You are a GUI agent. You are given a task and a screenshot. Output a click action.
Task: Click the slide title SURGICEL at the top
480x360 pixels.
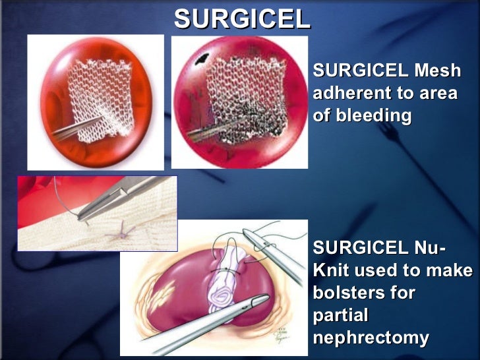(x=242, y=19)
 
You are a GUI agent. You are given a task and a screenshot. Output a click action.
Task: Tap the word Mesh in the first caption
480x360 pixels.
(x=437, y=71)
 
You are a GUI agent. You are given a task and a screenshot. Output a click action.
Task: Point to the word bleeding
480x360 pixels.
(x=374, y=116)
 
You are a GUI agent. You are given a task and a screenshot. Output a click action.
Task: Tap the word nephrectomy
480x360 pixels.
(x=370, y=338)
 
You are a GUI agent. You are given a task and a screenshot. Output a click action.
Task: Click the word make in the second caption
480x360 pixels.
(x=452, y=270)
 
